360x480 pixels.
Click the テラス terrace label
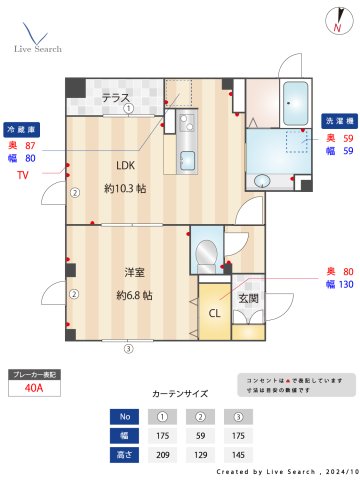point(116,97)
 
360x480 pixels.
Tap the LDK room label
point(125,165)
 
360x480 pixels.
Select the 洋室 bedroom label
point(134,272)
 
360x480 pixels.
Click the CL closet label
point(214,312)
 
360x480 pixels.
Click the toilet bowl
point(208,252)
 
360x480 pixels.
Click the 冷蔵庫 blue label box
point(21,129)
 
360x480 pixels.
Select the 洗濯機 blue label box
point(338,120)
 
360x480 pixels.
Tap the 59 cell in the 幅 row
point(200,435)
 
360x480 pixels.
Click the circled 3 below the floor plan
point(128,349)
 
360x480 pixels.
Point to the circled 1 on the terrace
point(128,109)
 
